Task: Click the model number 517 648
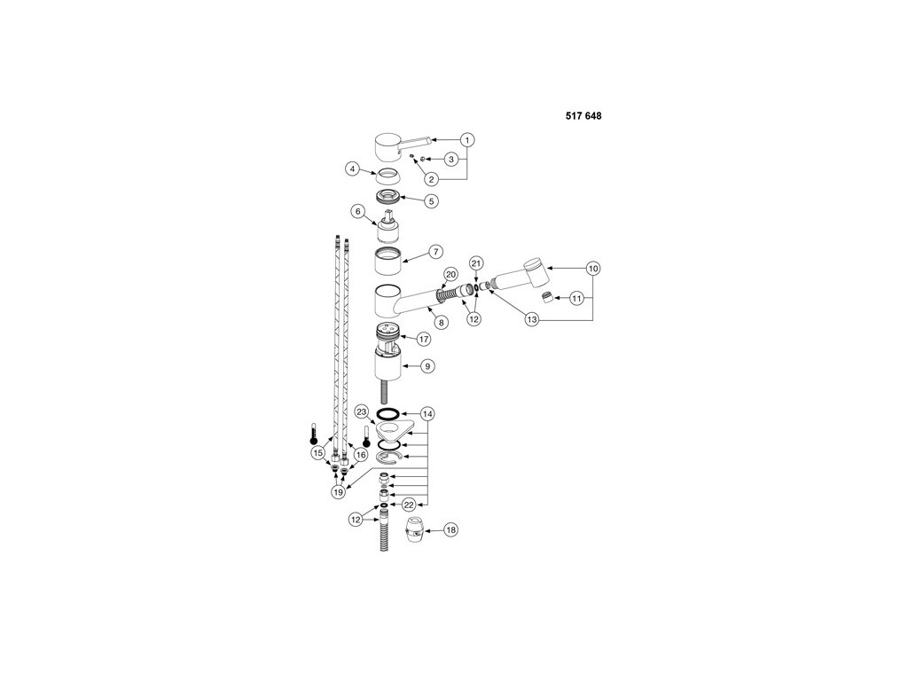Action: pyautogui.click(x=584, y=116)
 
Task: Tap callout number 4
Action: pyautogui.click(x=352, y=168)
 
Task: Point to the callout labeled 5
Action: pyautogui.click(x=431, y=200)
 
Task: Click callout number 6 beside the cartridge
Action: pyautogui.click(x=358, y=212)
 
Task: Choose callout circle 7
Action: pyautogui.click(x=435, y=252)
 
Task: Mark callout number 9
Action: pyautogui.click(x=427, y=364)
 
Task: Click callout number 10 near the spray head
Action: pyautogui.click(x=592, y=267)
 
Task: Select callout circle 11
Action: pyautogui.click(x=577, y=299)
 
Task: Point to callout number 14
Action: pyautogui.click(x=428, y=414)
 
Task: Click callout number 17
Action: pyautogui.click(x=423, y=339)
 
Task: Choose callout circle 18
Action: pyautogui.click(x=450, y=529)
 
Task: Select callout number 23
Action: pyautogui.click(x=361, y=411)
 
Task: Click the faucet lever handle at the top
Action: pyautogui.click(x=395, y=144)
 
